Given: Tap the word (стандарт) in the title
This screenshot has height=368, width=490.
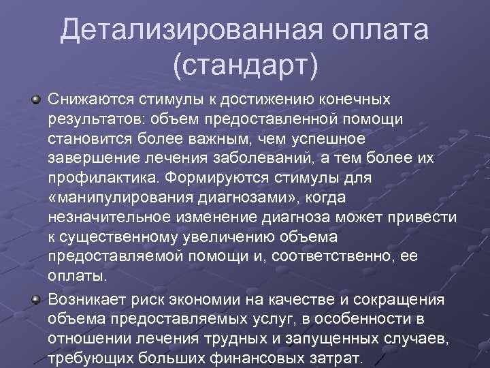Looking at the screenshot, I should pos(245,67).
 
